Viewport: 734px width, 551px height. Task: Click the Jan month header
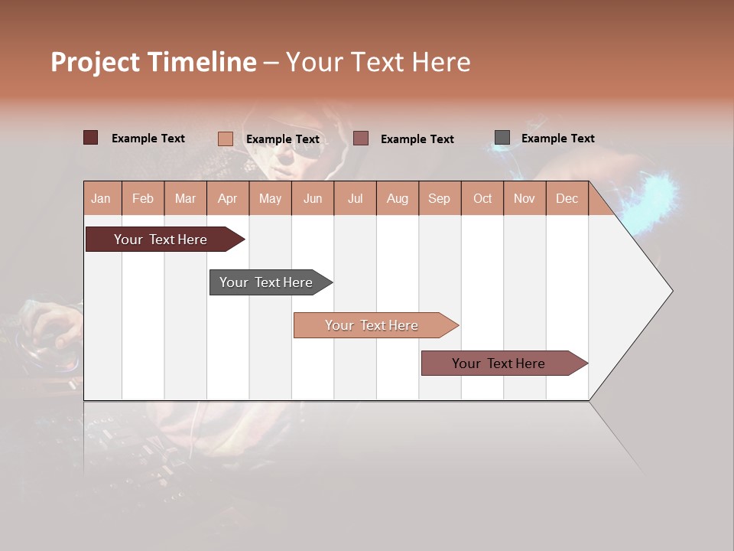(101, 198)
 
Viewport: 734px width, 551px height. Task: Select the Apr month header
(228, 198)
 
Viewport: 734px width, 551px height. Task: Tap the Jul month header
(355, 198)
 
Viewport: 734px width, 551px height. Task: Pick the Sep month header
(439, 198)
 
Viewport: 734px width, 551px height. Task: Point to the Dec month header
(567, 198)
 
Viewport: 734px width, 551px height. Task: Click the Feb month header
(143, 198)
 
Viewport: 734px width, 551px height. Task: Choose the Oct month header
(482, 198)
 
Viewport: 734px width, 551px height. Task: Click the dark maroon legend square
(91, 138)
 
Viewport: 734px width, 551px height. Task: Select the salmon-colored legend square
(226, 139)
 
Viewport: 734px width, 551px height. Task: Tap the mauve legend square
(361, 138)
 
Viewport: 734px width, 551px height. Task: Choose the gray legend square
(502, 138)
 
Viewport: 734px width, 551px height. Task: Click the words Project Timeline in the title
(154, 62)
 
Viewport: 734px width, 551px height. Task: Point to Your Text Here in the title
(378, 62)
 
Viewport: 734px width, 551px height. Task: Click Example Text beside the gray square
(557, 139)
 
